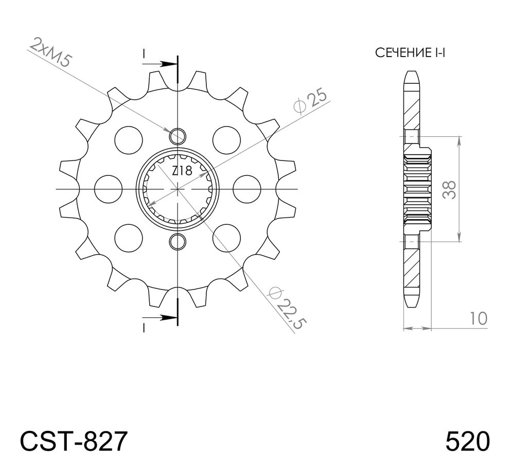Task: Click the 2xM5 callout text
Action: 50,52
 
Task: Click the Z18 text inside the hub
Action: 182,171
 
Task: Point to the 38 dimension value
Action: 449,190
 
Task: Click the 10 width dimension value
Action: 478,319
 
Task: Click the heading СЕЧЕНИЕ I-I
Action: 410,53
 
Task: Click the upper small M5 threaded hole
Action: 177,136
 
